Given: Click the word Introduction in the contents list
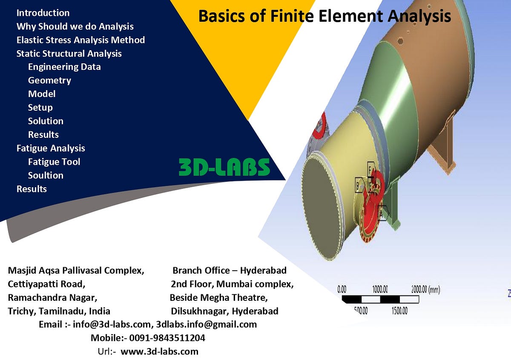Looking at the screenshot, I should [43, 13].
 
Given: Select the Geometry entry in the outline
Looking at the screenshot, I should [49, 80].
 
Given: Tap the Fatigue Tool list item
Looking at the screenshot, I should [54, 162].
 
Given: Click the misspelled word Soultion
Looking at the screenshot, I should [46, 175].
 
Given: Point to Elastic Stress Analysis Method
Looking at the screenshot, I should [80, 40].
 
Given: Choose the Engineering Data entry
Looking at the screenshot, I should [64, 67].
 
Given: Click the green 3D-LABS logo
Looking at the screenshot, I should [224, 167].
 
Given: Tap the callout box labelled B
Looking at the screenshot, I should [359, 185].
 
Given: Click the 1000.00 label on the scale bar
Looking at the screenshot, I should [380, 290].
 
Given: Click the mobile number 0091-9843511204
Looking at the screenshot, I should [167, 338].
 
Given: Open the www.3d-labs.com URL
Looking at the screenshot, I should [159, 351].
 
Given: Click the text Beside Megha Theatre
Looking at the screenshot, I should [218, 297].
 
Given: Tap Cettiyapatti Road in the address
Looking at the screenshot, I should [47, 284].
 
